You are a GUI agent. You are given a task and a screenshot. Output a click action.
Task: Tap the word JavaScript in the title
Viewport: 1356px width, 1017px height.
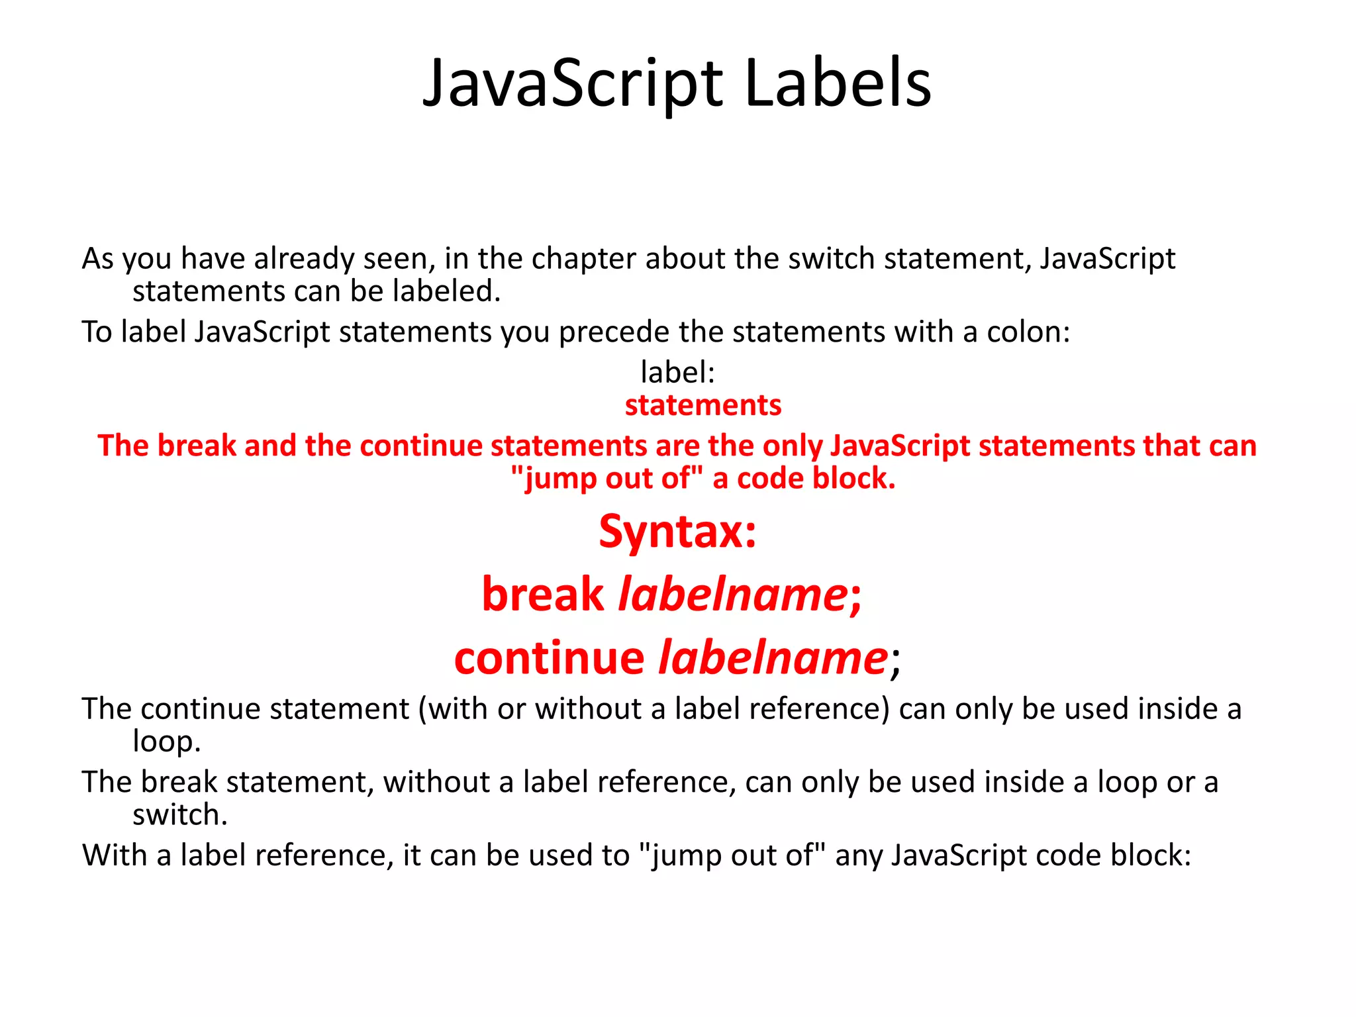[x=573, y=85]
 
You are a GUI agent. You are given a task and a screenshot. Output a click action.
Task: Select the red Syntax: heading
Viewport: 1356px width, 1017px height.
[x=677, y=532]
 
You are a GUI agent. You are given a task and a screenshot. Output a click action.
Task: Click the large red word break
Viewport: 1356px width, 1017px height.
[x=542, y=594]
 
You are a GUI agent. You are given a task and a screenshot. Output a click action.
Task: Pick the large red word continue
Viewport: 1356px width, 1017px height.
[x=549, y=658]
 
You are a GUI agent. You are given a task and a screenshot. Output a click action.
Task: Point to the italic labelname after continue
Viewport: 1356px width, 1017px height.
[x=773, y=658]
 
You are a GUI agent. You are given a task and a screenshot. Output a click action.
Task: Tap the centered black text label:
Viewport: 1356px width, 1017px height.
[x=677, y=372]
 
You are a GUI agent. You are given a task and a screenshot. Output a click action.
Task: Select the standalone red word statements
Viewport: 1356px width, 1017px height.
[x=703, y=405]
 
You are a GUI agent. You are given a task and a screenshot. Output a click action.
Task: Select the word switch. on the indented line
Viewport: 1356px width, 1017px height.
[x=179, y=814]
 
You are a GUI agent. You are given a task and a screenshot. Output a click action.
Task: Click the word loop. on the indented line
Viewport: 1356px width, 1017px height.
[x=166, y=742]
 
